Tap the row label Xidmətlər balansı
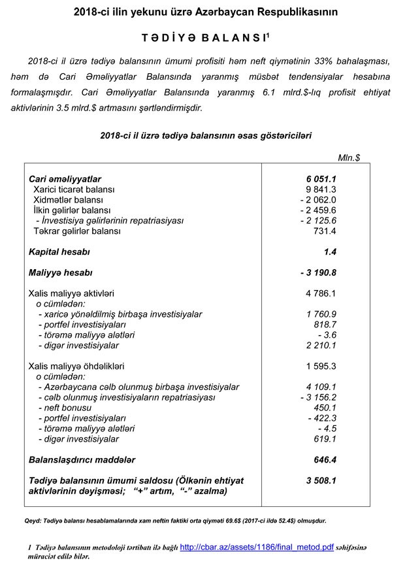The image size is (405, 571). pyautogui.click(x=69, y=200)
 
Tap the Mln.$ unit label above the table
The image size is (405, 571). pyautogui.click(x=349, y=157)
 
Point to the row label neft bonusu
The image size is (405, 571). pyautogui.click(x=65, y=408)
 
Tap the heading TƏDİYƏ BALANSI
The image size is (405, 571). pyautogui.click(x=200, y=38)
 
